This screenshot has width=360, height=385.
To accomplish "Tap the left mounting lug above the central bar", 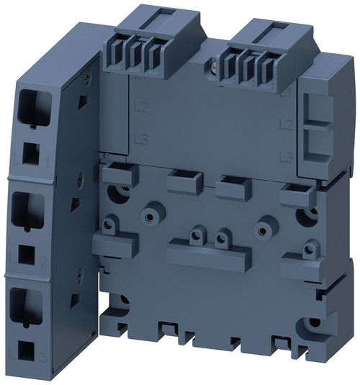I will (x=196, y=234).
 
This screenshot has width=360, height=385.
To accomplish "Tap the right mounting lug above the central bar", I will (x=222, y=236).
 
